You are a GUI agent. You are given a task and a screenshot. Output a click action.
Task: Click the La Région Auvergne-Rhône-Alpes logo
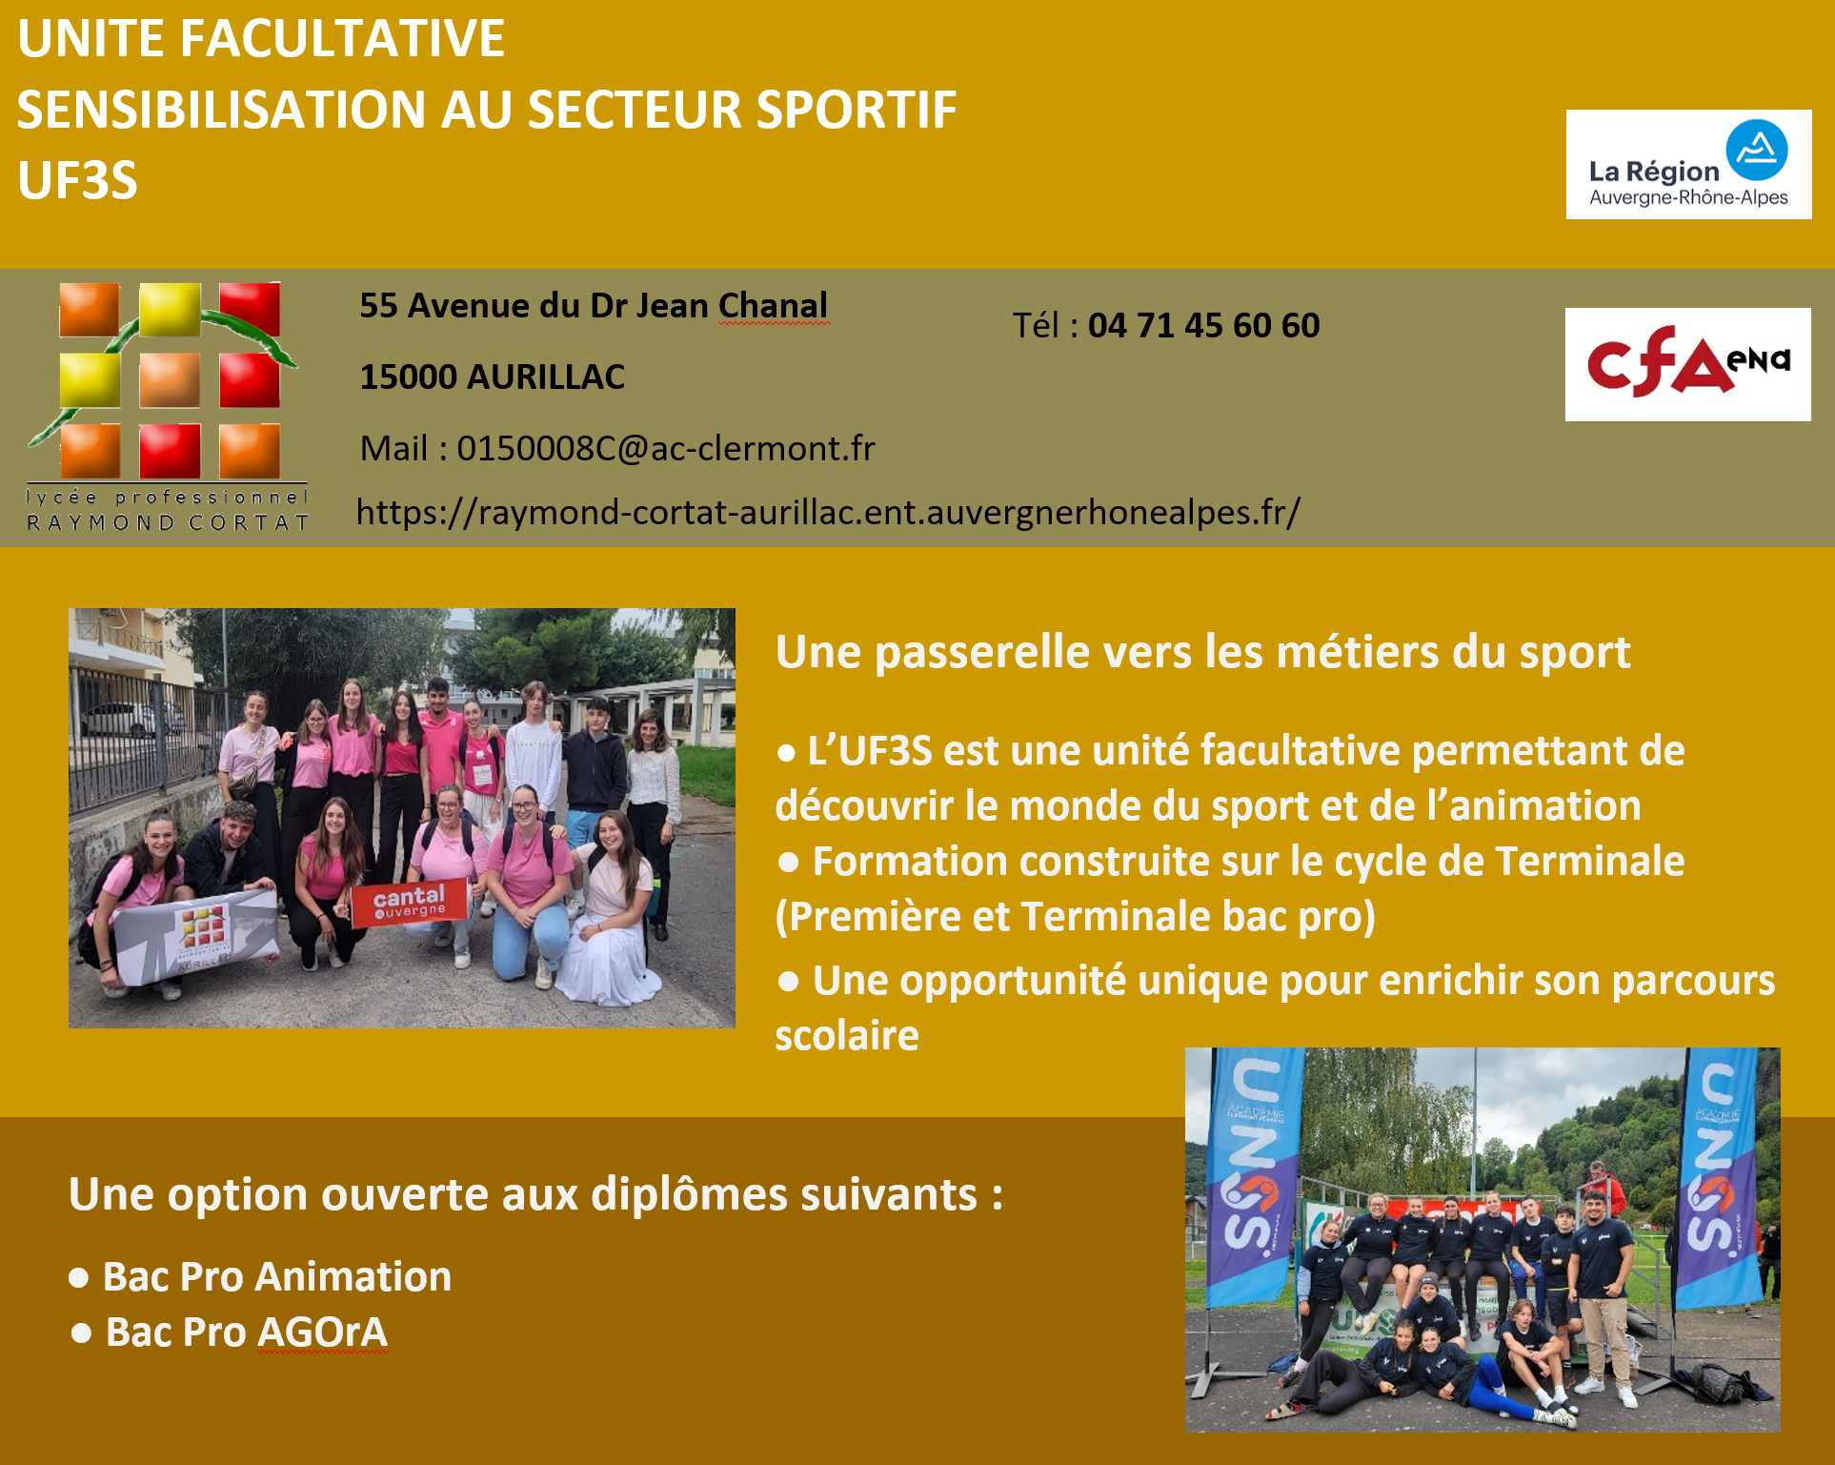1688,164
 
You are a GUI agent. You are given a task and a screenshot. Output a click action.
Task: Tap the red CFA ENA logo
1687,364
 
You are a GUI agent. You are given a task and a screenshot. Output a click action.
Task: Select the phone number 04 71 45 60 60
1204,326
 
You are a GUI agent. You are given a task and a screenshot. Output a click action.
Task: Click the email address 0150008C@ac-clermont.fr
666,448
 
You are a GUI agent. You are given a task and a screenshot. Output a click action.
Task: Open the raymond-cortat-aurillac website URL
828,512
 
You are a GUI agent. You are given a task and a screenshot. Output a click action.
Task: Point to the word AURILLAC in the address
546,377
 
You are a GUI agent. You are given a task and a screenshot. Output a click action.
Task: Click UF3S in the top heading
77,180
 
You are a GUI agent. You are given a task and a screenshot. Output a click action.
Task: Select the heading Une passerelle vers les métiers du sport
1203,653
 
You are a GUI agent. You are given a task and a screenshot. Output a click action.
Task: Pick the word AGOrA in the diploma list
322,1333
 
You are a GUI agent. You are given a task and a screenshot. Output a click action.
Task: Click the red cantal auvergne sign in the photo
409,902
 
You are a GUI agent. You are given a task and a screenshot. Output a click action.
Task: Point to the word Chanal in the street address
773,306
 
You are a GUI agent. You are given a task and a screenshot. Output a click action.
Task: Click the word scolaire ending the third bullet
847,1036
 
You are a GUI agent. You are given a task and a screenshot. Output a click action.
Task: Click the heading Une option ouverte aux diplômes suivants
535,1194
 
